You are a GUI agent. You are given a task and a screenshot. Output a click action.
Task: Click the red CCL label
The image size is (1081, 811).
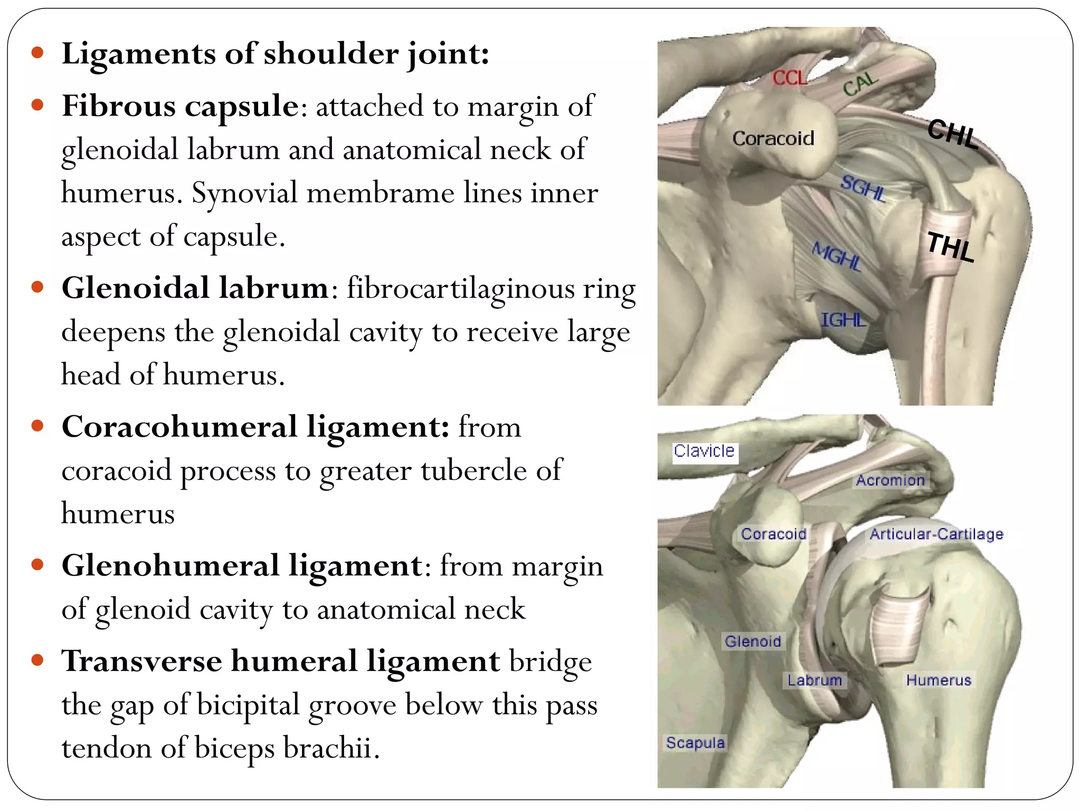[x=790, y=78]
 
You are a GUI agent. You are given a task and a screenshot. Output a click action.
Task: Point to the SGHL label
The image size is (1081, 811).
[x=862, y=188]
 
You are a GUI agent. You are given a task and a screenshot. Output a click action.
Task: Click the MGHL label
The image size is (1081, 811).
[x=837, y=257]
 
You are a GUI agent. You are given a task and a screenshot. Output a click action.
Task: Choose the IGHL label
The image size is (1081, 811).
[x=843, y=319]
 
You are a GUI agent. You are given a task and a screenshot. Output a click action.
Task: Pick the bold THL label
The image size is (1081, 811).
[x=951, y=247]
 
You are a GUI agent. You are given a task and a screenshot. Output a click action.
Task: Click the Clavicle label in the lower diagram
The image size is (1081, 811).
[x=704, y=451]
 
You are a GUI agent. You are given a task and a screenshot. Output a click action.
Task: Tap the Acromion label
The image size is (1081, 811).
[x=890, y=480]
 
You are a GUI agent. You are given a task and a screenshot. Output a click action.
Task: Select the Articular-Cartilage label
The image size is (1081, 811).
[x=936, y=534]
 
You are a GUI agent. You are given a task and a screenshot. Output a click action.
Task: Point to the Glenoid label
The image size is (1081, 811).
[x=753, y=641]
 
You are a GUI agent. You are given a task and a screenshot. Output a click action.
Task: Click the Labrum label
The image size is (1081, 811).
[x=814, y=680]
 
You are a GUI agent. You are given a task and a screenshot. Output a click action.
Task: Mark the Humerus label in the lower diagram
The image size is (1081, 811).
[x=938, y=680]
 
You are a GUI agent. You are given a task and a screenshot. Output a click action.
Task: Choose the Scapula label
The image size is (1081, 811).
[x=695, y=742]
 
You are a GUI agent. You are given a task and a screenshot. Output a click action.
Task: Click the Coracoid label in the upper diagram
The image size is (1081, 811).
[x=773, y=138]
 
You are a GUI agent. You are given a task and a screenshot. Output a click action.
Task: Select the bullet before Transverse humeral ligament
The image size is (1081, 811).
[x=37, y=660]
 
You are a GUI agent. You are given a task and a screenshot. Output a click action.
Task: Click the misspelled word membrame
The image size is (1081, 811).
[x=380, y=193]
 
